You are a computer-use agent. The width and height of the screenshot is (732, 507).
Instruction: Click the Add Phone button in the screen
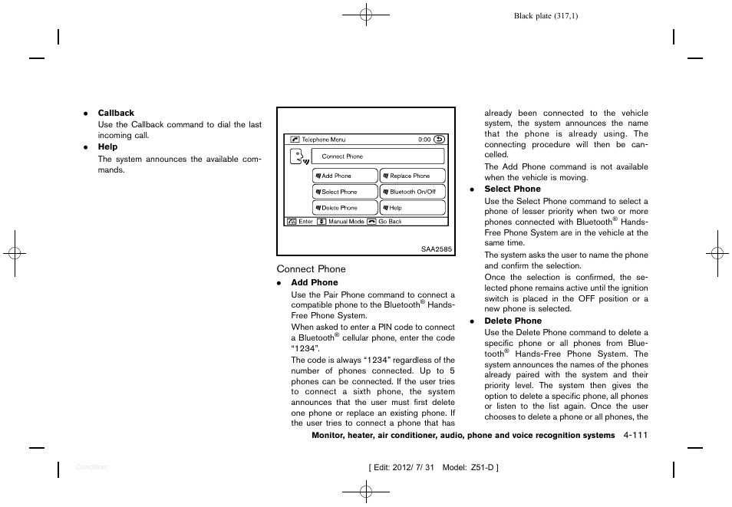[345, 176]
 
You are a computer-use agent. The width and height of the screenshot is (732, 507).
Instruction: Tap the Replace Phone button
[412, 176]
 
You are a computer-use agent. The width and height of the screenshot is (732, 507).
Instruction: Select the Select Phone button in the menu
[345, 192]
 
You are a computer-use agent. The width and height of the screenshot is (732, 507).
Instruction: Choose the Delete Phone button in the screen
[345, 208]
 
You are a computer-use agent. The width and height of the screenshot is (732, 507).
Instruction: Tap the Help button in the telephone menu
[412, 208]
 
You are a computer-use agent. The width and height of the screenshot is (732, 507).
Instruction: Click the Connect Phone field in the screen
[378, 156]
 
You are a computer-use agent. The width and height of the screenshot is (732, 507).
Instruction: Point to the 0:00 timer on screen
[424, 140]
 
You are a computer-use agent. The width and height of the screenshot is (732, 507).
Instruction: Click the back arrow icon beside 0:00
[439, 140]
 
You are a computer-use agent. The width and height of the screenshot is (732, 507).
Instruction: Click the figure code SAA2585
[437, 249]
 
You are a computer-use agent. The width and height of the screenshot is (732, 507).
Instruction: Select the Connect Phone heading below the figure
[311, 269]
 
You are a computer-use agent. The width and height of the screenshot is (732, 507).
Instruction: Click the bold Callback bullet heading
[116, 114]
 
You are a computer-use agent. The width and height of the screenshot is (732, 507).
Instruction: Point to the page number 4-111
[636, 436]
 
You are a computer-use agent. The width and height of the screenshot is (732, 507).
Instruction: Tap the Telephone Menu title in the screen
[323, 140]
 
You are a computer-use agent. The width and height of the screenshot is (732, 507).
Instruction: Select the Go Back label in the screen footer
[390, 222]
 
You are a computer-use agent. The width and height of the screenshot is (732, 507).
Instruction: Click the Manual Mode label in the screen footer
[346, 222]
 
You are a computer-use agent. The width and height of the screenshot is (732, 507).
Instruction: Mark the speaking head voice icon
[298, 158]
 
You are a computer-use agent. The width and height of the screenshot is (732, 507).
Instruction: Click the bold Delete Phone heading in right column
[513, 321]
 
